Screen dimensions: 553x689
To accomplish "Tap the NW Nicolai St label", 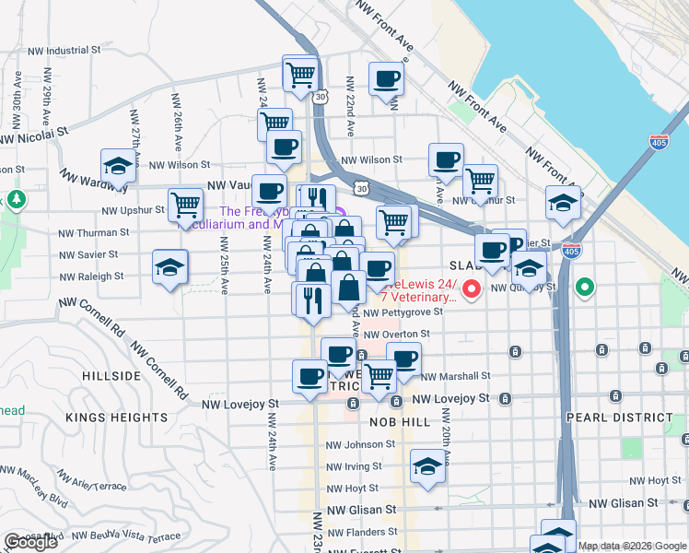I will (x=34, y=137).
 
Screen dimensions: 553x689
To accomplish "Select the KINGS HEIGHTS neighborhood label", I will (x=116, y=418).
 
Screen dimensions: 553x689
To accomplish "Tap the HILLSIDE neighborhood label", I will (x=111, y=376).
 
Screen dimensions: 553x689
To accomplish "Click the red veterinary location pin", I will (x=473, y=290).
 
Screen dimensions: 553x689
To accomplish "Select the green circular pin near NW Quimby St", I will (x=584, y=288).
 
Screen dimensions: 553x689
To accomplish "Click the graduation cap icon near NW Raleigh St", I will (x=169, y=267).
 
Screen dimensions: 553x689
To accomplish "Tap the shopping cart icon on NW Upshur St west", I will (x=185, y=205).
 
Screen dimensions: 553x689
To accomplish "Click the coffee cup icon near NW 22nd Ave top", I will (x=386, y=78).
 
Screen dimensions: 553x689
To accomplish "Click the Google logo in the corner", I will (x=30, y=542).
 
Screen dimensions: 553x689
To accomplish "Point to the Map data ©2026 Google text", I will (x=632, y=546).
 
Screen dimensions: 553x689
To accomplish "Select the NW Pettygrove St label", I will (x=403, y=312).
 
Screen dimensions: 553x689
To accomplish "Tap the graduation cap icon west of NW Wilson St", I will (x=118, y=166).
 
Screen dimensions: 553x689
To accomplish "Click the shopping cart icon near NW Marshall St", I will (x=379, y=377).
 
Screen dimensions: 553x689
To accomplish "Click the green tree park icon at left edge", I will (x=16, y=199).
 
